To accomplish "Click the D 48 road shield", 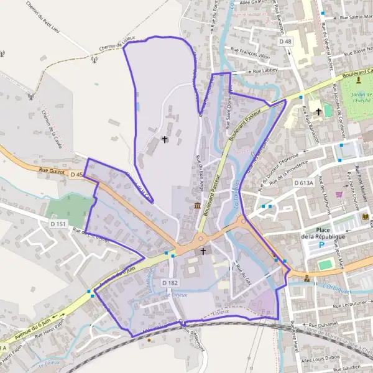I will pyautogui.click(x=285, y=41).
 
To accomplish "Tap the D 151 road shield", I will pyautogui.click(x=58, y=223).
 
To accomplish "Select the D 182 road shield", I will pyautogui.click(x=170, y=283).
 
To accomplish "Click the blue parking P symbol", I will pyautogui.click(x=321, y=245).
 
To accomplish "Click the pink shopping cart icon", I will pyautogui.click(x=339, y=194).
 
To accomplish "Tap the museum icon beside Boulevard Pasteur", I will pyautogui.click(x=197, y=206).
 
